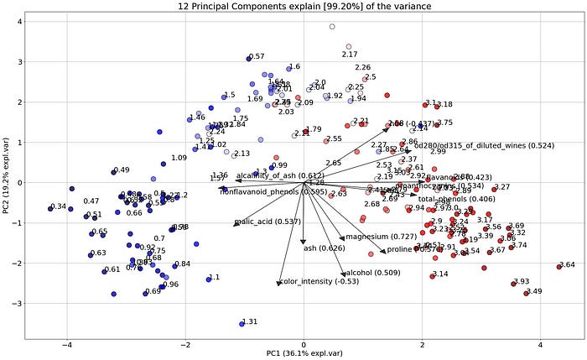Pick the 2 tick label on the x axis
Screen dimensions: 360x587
422,343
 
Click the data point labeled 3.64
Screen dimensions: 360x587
559,266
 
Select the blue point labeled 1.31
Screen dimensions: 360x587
242,323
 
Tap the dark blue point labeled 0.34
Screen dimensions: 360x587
49,208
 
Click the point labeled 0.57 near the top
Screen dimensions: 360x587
248,58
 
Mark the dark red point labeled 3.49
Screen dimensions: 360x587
526,293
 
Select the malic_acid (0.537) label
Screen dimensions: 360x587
256,222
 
